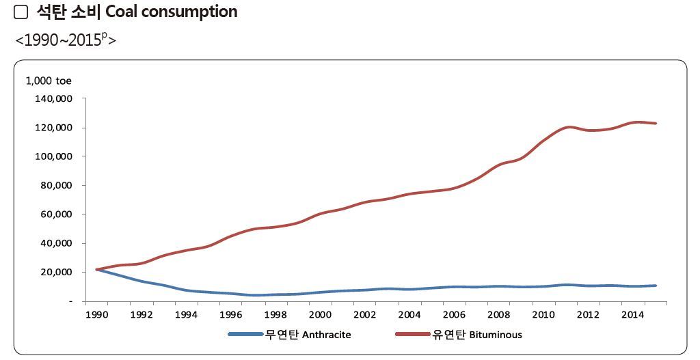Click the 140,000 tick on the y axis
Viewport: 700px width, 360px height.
point(53,98)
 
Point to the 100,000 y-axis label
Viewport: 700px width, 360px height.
point(53,156)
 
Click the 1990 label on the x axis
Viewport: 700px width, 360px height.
point(96,315)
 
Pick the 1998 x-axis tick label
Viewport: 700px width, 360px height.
point(275,315)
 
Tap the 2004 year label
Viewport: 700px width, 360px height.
point(409,315)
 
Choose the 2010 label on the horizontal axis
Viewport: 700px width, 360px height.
point(543,315)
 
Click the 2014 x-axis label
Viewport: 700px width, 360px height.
point(632,315)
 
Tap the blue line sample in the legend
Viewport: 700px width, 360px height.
point(245,335)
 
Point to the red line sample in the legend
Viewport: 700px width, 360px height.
point(413,335)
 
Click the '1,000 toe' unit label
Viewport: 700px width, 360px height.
point(49,81)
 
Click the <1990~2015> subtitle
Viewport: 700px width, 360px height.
point(66,39)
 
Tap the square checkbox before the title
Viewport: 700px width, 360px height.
point(21,12)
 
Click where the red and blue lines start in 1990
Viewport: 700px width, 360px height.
point(97,269)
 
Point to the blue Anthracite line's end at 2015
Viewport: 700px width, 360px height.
point(656,286)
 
